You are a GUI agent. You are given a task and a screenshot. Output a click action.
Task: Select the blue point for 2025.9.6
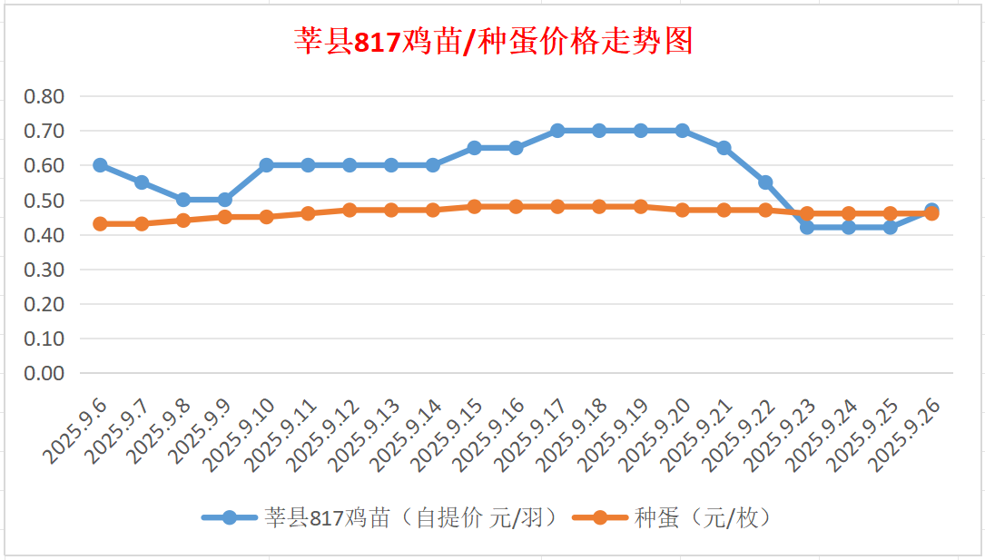(x=100, y=165)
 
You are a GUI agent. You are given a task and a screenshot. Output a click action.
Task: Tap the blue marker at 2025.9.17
(x=557, y=131)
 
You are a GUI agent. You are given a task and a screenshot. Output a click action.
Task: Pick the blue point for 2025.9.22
(x=765, y=182)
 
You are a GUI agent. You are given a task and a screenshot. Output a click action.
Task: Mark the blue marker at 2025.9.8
(x=183, y=200)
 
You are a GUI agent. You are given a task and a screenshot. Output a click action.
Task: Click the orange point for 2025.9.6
(x=100, y=223)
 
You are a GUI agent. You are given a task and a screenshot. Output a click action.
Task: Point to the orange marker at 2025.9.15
(x=474, y=207)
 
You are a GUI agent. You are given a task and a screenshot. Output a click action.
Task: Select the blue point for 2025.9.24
(x=849, y=227)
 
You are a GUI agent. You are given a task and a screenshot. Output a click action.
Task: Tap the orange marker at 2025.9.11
(x=308, y=213)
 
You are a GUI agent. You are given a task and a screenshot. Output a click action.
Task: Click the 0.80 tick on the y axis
(x=44, y=96)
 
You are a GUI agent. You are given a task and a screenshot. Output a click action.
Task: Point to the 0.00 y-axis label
(x=44, y=373)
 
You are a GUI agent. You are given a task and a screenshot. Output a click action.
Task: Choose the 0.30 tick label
(x=44, y=270)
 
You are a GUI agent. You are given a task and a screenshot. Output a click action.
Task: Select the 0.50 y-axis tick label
(x=44, y=200)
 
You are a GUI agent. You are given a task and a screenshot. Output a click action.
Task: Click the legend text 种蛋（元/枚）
(x=703, y=518)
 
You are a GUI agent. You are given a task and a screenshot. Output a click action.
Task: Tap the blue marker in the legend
(x=230, y=518)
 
